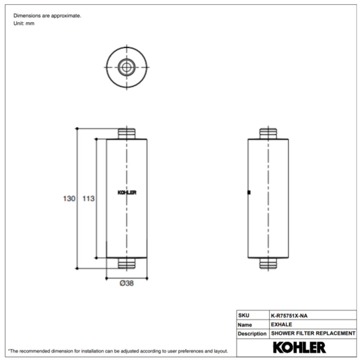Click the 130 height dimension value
point(69,198)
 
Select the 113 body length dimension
point(88,198)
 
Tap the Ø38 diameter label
point(127,283)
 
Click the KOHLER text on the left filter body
point(127,193)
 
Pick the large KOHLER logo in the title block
point(299,347)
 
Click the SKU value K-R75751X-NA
point(289,316)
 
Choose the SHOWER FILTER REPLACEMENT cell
point(313,333)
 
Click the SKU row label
point(243,316)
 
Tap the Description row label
point(252,334)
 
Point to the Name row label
point(245,325)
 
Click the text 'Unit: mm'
point(24,24)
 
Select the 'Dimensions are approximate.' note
point(47,16)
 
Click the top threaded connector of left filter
point(127,133)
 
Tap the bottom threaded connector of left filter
point(127,264)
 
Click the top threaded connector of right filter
point(268,133)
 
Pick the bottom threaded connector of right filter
point(268,264)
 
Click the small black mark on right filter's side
point(249,192)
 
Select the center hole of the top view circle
point(127,67)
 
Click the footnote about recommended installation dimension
point(118,351)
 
